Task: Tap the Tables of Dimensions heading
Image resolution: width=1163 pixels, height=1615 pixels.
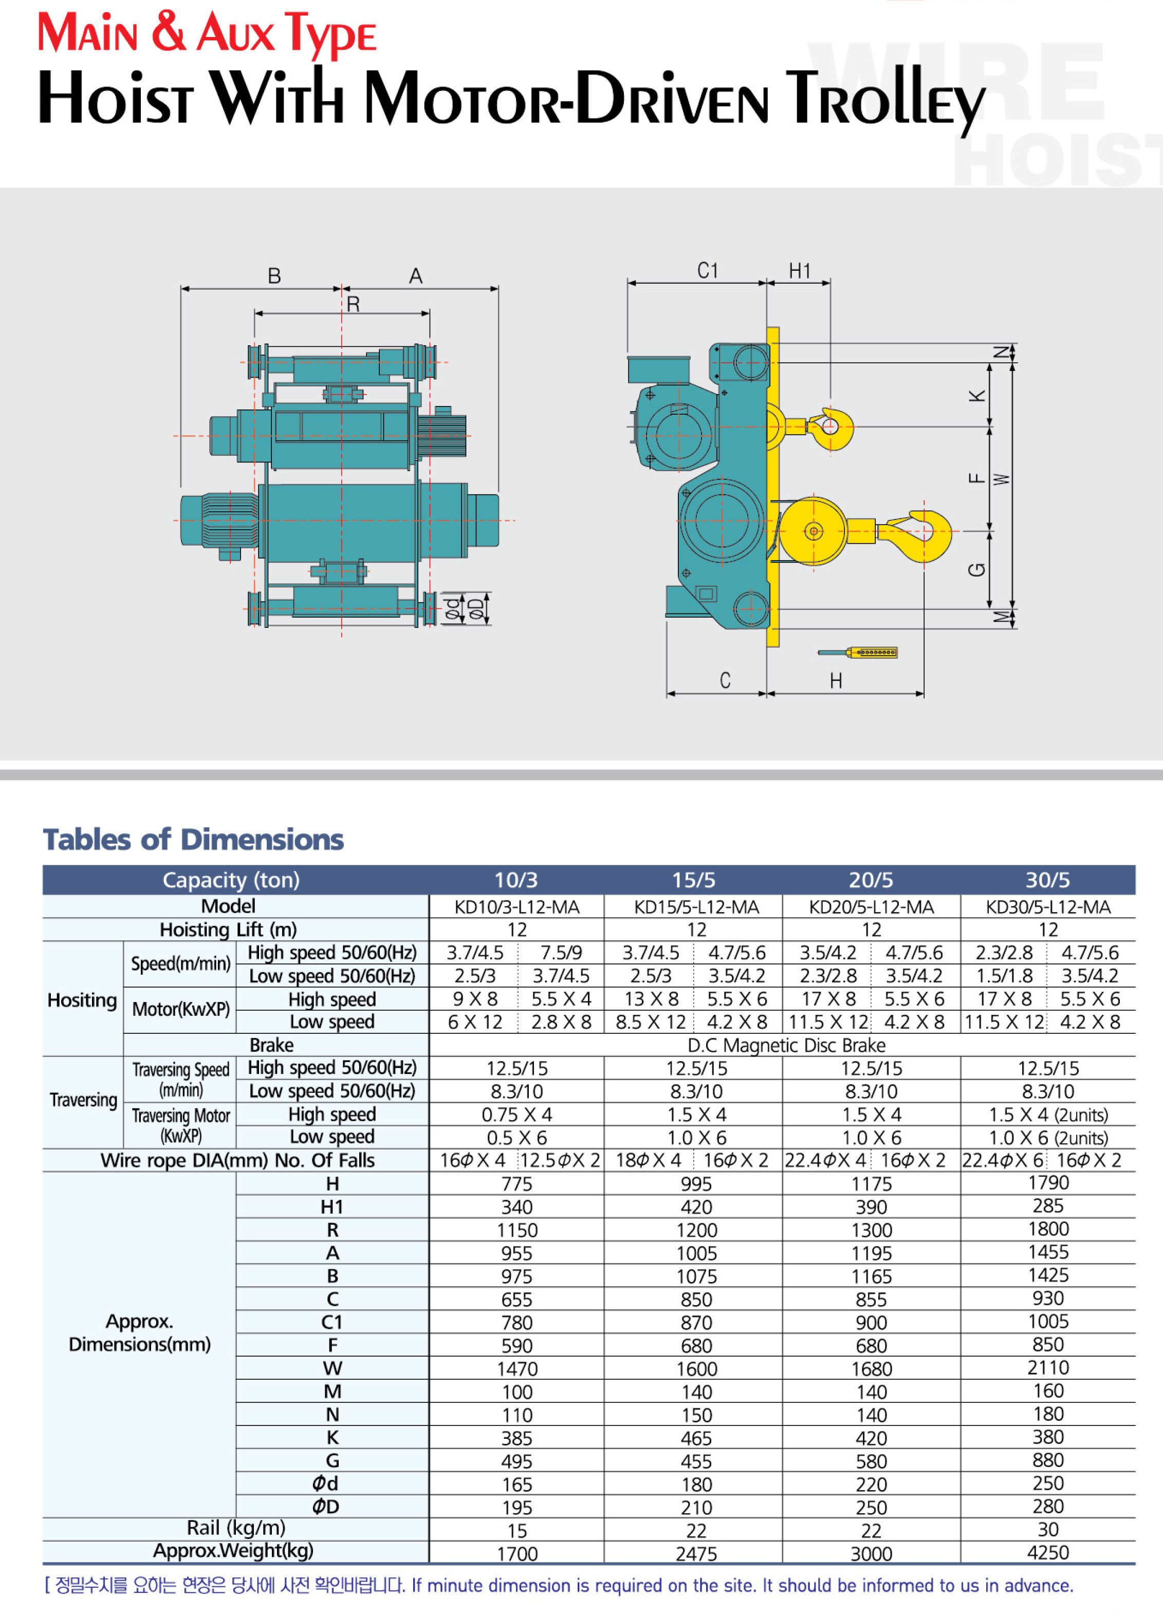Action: [x=193, y=840]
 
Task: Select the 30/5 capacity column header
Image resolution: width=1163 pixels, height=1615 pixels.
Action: [x=1048, y=880]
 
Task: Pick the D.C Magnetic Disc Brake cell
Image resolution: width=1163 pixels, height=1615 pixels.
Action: [x=786, y=1045]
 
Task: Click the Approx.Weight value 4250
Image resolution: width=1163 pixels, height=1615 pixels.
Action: [x=1048, y=1552]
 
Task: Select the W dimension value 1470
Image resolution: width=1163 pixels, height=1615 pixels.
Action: [x=517, y=1369]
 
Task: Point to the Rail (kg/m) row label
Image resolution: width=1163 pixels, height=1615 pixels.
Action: [x=236, y=1528]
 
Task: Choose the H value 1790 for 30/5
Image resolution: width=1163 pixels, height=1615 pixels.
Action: [x=1048, y=1183]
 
